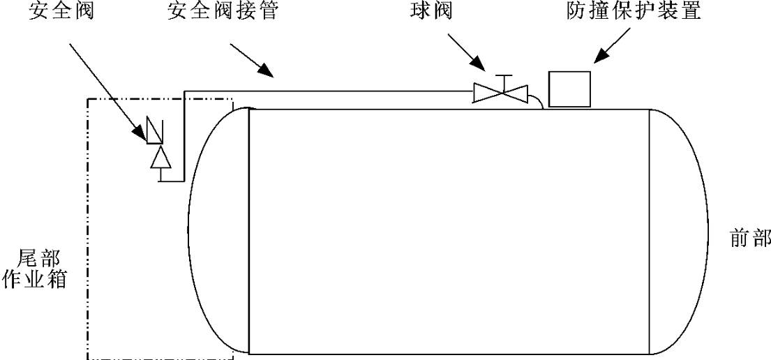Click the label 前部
tap(746, 237)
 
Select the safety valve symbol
tap(154, 129)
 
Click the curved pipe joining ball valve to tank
tap(537, 102)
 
